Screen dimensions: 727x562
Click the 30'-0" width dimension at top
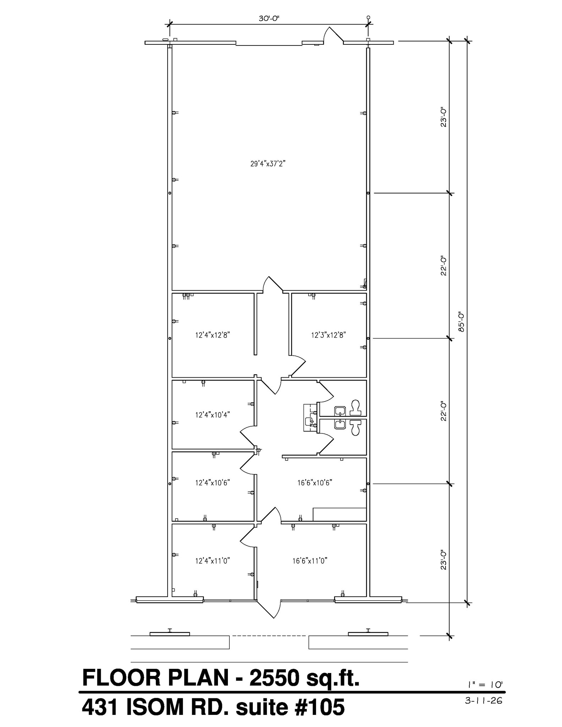pyautogui.click(x=269, y=19)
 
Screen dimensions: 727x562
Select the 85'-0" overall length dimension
pyautogui.click(x=462, y=322)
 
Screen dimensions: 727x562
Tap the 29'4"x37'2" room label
pyautogui.click(x=268, y=164)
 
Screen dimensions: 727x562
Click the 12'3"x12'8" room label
pyautogui.click(x=328, y=335)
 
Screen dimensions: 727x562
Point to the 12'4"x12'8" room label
pyautogui.click(x=213, y=335)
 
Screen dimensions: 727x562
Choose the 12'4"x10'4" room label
pyautogui.click(x=213, y=415)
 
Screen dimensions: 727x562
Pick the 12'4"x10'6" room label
pyautogui.click(x=213, y=483)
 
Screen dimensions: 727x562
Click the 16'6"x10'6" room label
pyautogui.click(x=315, y=483)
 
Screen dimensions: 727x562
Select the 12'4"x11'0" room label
pyautogui.click(x=213, y=561)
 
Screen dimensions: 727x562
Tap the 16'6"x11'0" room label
pyautogui.click(x=310, y=561)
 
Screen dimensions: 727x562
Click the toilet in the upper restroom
pyautogui.click(x=355, y=408)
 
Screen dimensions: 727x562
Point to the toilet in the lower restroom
pyautogui.click(x=355, y=427)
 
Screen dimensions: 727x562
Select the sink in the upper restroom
pyautogui.click(x=340, y=411)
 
